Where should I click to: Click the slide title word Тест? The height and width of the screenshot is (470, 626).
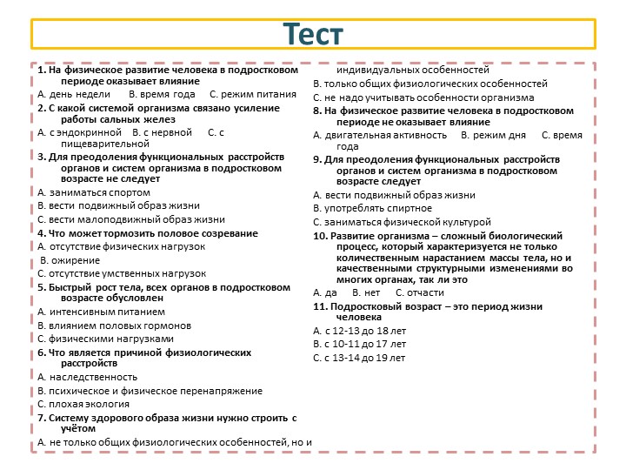tap(313, 35)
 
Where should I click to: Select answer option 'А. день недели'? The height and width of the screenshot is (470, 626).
tap(74, 93)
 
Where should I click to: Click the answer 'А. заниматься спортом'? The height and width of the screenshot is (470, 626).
tap(94, 192)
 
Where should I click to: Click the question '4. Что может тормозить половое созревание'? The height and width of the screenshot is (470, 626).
tap(148, 233)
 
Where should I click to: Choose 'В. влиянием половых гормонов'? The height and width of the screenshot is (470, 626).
tap(115, 326)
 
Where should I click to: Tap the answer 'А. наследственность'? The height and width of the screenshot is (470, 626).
tap(88, 377)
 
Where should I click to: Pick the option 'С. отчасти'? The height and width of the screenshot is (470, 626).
tap(419, 292)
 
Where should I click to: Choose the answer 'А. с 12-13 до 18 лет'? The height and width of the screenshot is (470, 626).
tap(359, 332)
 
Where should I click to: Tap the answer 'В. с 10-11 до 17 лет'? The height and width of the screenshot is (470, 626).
tap(359, 345)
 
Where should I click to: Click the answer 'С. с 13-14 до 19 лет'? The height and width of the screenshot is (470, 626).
tap(359, 358)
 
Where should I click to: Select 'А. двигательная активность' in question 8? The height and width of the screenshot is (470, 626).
tap(381, 136)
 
